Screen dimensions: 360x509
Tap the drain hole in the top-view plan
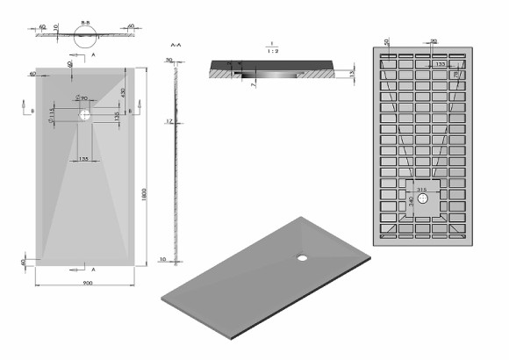[x=86, y=114]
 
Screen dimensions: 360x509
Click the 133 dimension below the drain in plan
[x=82, y=158]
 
